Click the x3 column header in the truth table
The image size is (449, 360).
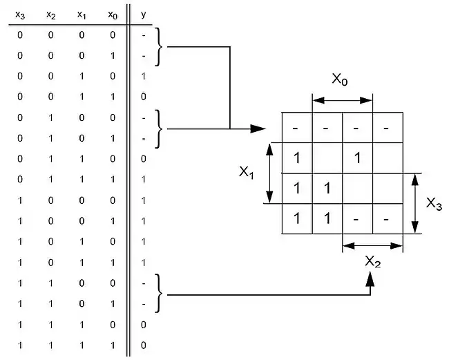20,14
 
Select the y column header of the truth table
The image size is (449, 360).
143,14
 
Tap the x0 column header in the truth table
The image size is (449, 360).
112,14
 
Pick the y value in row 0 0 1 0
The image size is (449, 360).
143,76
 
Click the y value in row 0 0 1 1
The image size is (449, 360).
143,97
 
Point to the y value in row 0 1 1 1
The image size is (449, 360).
143,179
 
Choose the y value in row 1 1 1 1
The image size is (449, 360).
143,344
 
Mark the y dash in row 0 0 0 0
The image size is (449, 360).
143,35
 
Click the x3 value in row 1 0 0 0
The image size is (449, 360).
20,200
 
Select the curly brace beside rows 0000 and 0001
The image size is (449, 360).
162,47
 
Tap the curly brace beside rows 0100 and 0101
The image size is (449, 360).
162,129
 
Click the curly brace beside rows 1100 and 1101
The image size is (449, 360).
162,294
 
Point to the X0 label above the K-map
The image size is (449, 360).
340,80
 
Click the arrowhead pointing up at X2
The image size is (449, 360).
371,278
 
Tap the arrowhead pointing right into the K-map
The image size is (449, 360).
258,129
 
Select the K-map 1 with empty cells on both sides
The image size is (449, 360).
357,158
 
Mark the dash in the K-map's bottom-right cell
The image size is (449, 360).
388,219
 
